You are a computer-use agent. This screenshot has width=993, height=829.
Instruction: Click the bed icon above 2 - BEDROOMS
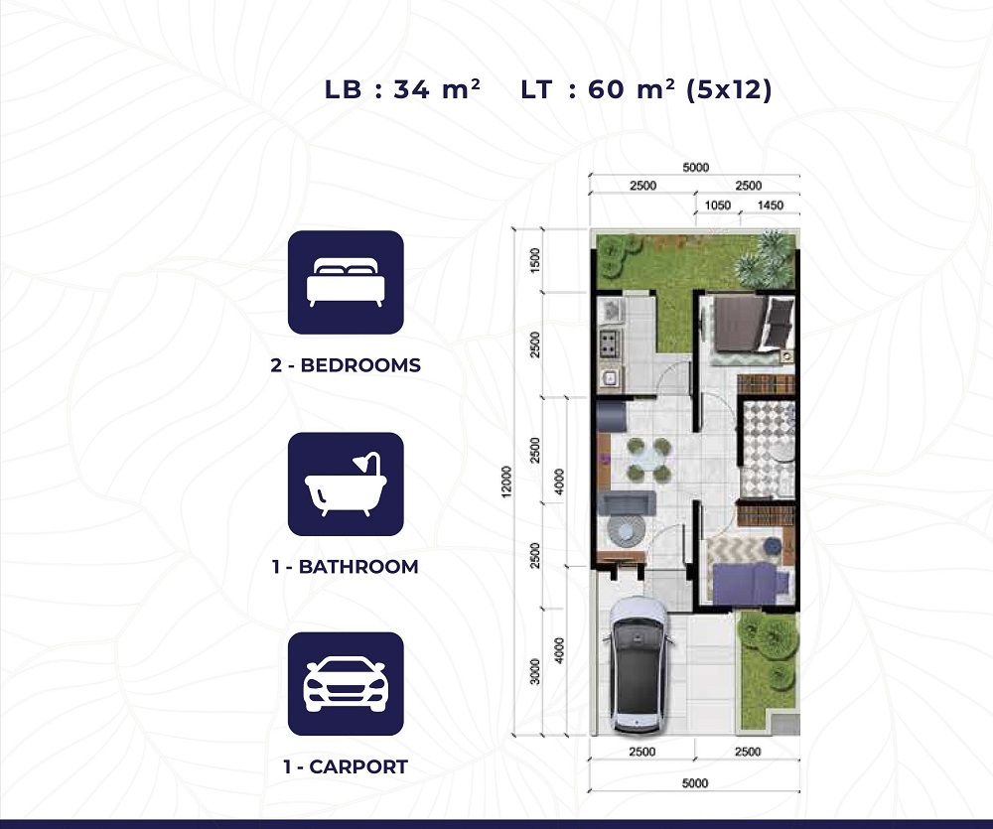click(346, 282)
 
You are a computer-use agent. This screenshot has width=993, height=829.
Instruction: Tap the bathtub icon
click(346, 484)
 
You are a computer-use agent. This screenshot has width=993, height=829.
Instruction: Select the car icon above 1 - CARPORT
click(346, 684)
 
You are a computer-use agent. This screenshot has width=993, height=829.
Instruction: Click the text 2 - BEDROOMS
click(346, 365)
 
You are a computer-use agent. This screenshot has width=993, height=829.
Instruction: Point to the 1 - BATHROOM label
click(346, 566)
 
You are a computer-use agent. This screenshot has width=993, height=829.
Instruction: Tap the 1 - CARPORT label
click(346, 766)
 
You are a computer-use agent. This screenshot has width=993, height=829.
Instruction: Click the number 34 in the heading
click(411, 89)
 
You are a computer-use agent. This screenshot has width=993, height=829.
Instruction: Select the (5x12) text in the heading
click(730, 89)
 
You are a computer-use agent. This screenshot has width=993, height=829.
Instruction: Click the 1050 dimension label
click(718, 206)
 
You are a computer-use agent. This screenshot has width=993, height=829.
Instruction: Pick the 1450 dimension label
click(771, 206)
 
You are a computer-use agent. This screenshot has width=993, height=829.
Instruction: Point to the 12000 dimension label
click(506, 482)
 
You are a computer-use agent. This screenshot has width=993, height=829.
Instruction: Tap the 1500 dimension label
click(536, 260)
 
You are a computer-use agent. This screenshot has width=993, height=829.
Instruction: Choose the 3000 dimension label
click(536, 671)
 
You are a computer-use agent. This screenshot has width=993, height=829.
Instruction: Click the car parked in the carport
click(638, 664)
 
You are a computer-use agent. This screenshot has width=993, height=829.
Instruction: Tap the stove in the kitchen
click(610, 343)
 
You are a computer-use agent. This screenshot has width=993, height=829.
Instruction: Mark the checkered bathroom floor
click(768, 447)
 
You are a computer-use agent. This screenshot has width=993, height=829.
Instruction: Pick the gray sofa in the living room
click(627, 502)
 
